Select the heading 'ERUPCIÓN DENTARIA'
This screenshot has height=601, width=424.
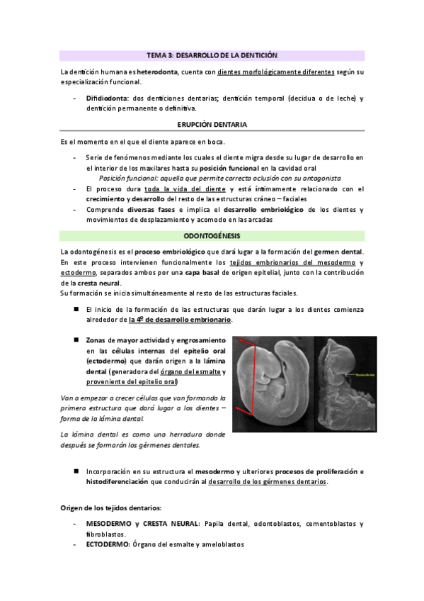coord(212,125)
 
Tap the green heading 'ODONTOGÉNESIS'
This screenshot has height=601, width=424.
coord(212,235)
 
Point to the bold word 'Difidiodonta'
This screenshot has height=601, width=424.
coord(106,98)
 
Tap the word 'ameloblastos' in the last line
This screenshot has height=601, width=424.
coord(223,544)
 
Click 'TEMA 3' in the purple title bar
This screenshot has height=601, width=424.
coord(159,55)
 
